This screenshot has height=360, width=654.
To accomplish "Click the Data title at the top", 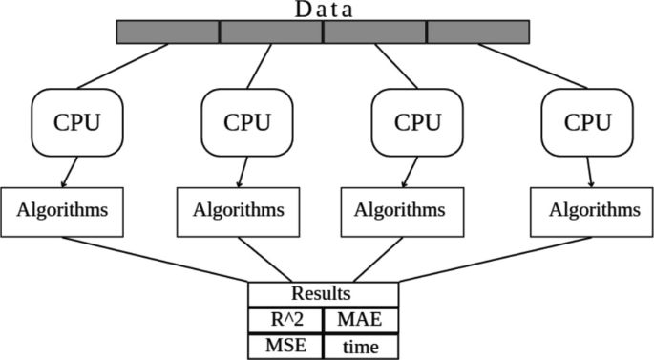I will [x=323, y=10].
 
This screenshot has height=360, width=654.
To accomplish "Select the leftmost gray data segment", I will [x=168, y=32].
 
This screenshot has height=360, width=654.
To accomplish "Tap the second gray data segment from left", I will [x=271, y=32].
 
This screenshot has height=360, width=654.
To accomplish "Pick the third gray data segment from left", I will [x=374, y=32].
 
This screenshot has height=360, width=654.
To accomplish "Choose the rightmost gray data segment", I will [x=477, y=32].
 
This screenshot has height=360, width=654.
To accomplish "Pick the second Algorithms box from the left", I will [x=232, y=210].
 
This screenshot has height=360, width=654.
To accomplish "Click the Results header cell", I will [x=323, y=293].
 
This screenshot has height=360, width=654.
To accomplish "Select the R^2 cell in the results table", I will [x=285, y=319].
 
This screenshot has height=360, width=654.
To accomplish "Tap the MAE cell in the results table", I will [x=361, y=319].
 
